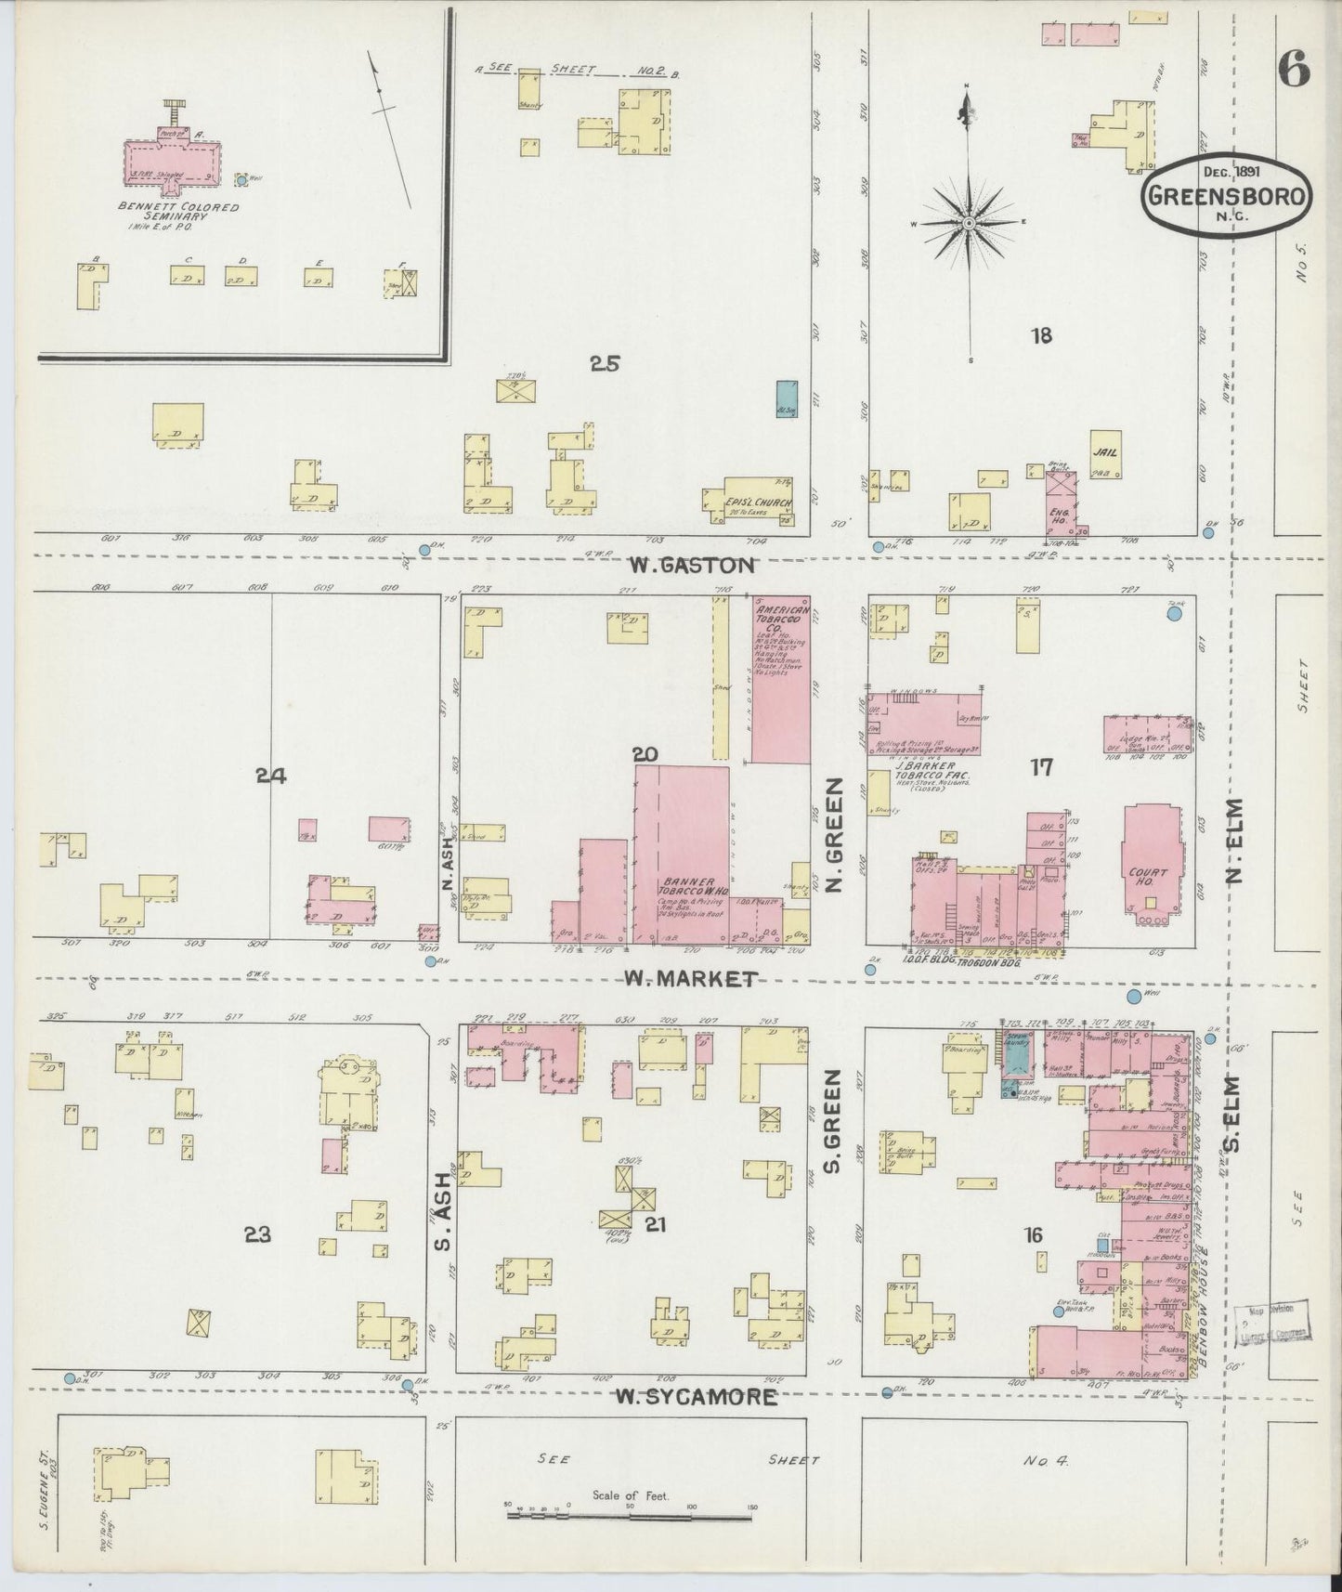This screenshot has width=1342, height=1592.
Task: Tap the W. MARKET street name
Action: (x=691, y=978)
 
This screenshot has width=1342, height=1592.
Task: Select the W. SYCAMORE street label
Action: (x=697, y=1397)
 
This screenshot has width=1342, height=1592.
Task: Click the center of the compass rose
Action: (x=969, y=223)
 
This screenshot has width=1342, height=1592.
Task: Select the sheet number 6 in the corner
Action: (x=1293, y=68)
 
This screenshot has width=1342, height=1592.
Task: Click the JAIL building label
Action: (x=1106, y=453)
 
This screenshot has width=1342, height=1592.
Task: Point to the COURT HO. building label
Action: (x=1150, y=878)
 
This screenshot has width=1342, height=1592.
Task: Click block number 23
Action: (x=257, y=1234)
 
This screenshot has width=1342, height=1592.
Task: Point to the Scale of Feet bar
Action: (x=632, y=1515)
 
